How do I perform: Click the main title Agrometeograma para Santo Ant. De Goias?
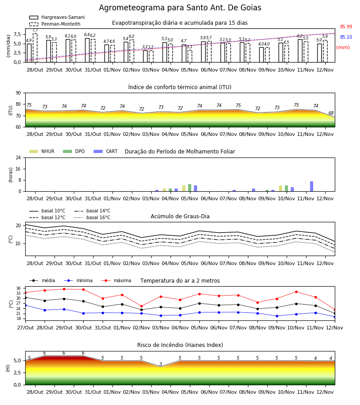180,8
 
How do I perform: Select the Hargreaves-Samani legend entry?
57,17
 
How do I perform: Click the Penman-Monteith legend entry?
55,24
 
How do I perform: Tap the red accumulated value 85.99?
346,27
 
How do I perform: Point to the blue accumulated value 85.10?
346,37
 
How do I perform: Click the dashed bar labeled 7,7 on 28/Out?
35,48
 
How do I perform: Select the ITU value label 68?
331,113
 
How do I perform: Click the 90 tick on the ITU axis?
18,93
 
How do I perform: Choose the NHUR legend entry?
42,151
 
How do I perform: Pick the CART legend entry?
106,151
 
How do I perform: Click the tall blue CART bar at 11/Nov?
312,186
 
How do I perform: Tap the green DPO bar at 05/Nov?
190,188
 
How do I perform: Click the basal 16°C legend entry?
92,217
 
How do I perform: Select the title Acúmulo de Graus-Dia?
180,216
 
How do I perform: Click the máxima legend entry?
116,280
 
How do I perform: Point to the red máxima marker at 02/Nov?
141,306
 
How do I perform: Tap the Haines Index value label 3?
161,364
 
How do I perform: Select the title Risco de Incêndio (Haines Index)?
180,345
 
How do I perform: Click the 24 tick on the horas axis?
18,157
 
